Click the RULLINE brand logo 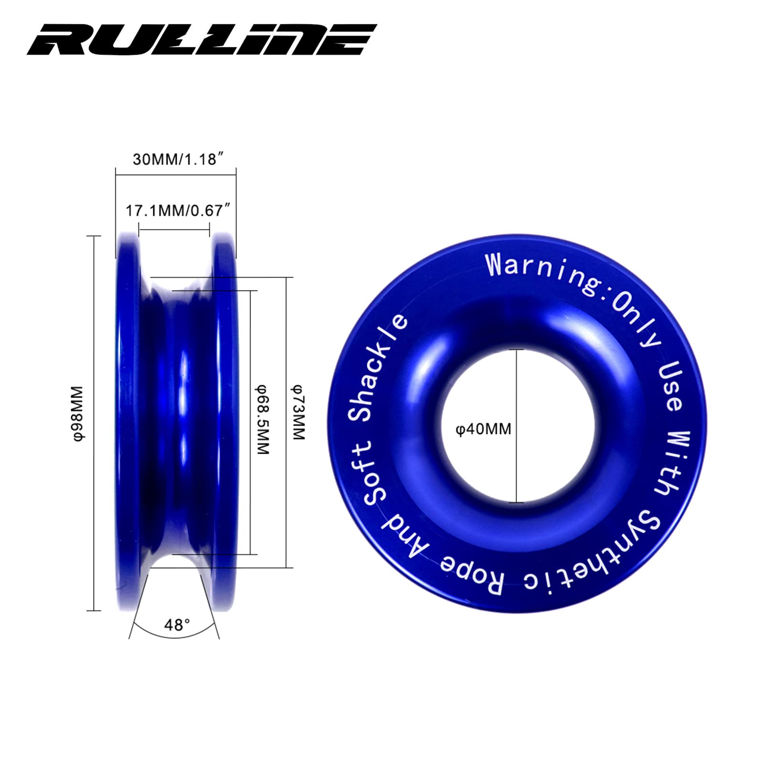point(202,40)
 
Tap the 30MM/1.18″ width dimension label point(178,159)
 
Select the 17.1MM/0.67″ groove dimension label point(178,210)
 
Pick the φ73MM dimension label point(298,412)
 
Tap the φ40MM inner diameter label point(483,429)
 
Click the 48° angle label point(177,625)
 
